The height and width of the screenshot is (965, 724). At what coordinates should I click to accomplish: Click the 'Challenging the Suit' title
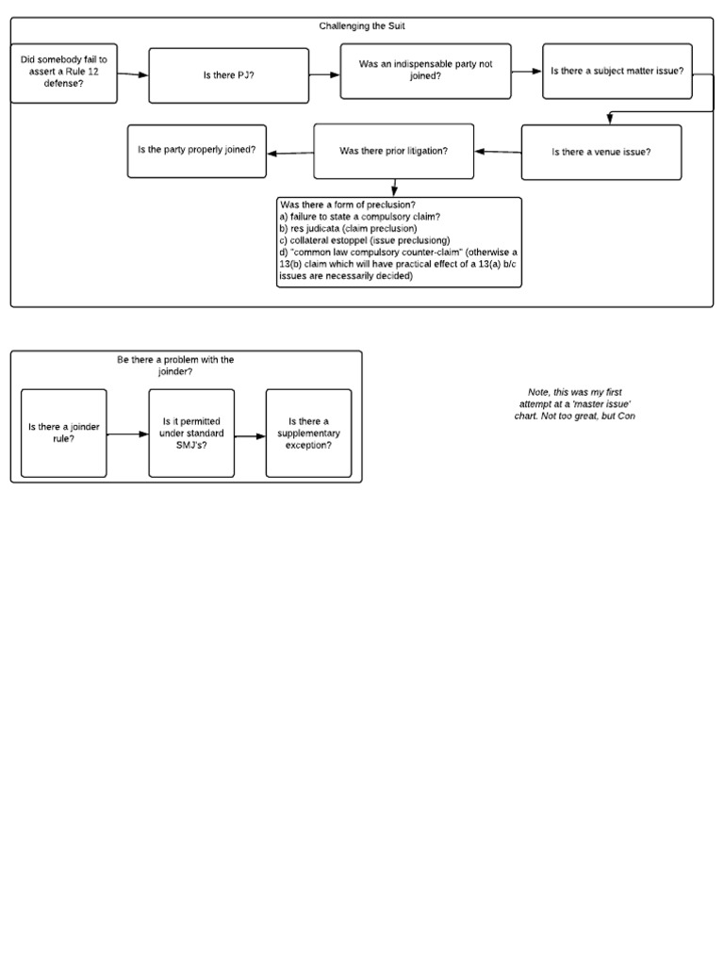pos(362,26)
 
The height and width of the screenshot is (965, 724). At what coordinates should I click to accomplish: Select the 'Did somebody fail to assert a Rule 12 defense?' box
pos(64,73)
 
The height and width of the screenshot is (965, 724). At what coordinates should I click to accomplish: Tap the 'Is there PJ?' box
pos(228,75)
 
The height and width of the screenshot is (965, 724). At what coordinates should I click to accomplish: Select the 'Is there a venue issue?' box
pos(601,152)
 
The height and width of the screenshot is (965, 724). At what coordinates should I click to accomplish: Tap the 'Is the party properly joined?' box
pos(196,151)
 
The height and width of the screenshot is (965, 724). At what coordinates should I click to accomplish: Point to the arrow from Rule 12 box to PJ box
pos(133,74)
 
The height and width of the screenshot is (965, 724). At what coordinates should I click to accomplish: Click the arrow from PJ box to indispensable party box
pos(324,74)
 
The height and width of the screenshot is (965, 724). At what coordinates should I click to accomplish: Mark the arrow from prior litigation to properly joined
pos(290,153)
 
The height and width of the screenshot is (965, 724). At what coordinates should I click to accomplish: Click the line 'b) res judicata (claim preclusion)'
pos(348,228)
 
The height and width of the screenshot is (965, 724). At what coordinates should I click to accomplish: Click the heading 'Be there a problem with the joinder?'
pos(175,366)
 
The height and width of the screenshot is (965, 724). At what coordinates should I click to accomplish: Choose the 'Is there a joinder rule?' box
pos(64,433)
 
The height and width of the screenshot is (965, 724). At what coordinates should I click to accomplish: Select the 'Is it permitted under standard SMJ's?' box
pos(191,433)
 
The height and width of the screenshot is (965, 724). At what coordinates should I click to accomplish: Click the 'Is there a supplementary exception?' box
pos(308,433)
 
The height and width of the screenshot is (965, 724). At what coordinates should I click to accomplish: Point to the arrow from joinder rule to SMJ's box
pos(128,434)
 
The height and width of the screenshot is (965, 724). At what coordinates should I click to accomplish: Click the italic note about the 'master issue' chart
pos(574,403)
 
